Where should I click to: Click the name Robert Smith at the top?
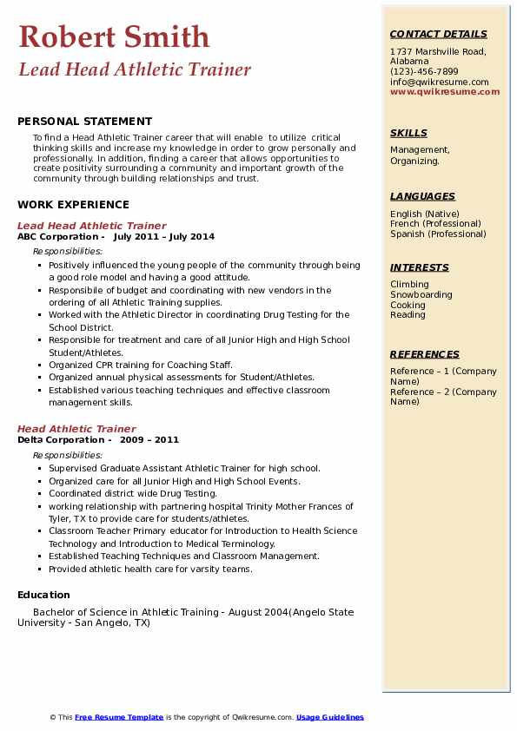114,36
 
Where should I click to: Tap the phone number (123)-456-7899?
424,72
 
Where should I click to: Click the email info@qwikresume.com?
439,82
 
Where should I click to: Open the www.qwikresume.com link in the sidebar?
439,91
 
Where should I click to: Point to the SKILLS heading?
408,133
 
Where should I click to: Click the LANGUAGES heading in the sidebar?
422,196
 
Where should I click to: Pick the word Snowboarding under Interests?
421,295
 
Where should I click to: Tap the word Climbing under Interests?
409,285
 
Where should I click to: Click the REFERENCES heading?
425,354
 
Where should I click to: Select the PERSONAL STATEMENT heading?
84,122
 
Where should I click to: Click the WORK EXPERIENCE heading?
73,205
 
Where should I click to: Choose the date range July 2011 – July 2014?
163,237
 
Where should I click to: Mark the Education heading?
43,595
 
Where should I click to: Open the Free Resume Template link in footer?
119,717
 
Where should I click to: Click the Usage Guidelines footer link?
329,717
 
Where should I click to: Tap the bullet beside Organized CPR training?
40,365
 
